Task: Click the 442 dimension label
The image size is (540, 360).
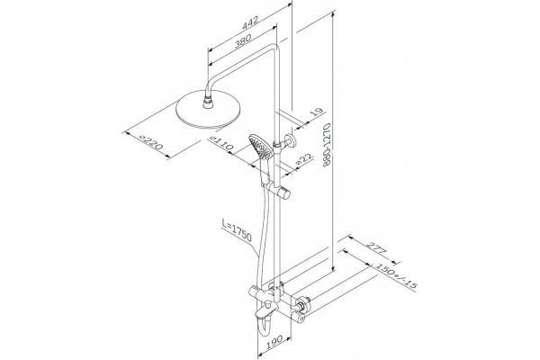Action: [249, 23]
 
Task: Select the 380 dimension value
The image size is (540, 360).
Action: [243, 41]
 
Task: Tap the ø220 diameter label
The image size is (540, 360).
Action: [151, 142]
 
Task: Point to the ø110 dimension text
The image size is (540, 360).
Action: [221, 143]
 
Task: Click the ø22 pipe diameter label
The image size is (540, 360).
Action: [304, 159]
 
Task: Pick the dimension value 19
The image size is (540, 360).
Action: [317, 112]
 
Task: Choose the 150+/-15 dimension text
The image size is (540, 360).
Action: [396, 275]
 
